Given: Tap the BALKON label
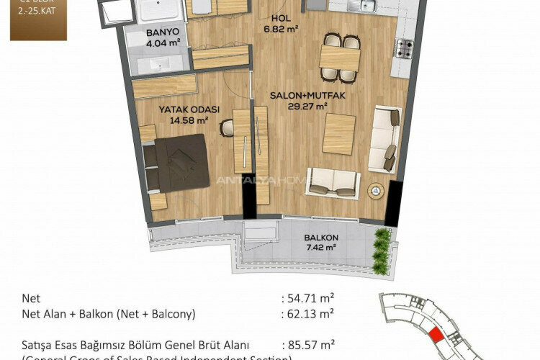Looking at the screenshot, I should (x=320, y=238).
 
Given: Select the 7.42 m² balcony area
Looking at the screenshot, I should (x=320, y=248).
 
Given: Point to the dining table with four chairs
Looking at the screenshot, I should (x=341, y=57).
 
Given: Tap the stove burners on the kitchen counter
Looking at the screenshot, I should (x=403, y=49).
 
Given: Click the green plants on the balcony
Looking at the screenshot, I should (x=382, y=246).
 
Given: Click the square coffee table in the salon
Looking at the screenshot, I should (x=338, y=133).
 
